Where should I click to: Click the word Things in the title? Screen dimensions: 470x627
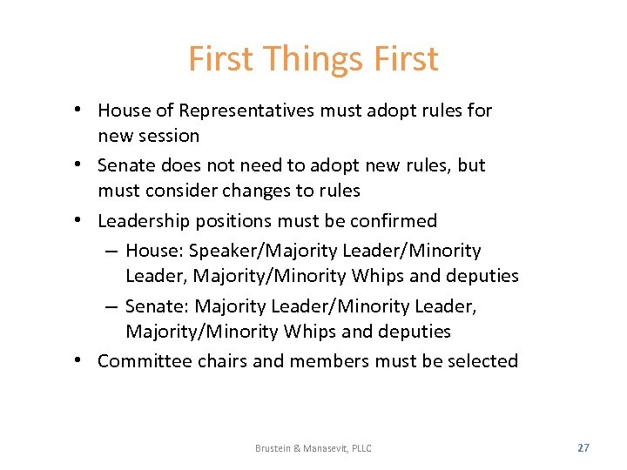(312, 60)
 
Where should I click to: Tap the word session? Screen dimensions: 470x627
(172, 136)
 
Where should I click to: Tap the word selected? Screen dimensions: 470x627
(482, 361)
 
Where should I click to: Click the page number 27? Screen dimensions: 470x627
(583, 447)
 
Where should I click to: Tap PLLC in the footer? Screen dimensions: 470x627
(360, 448)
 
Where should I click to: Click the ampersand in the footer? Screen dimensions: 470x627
(298, 448)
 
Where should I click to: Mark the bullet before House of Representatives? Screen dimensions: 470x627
(78, 110)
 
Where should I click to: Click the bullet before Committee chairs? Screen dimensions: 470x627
(78, 360)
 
